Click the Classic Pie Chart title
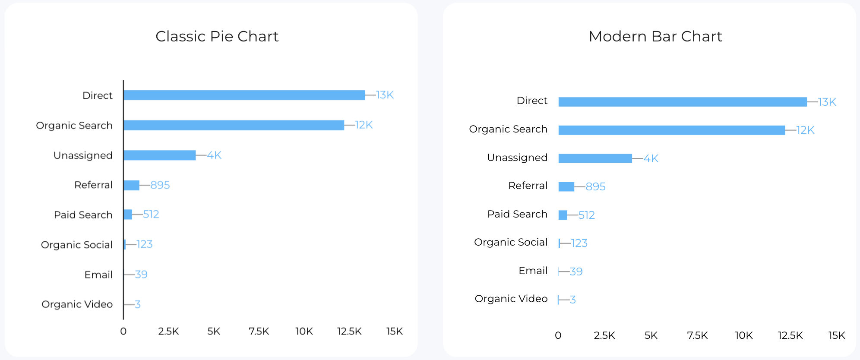pyautogui.click(x=217, y=36)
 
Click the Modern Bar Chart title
pyautogui.click(x=655, y=36)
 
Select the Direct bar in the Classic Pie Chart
pyautogui.click(x=244, y=95)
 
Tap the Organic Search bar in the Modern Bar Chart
pyautogui.click(x=671, y=130)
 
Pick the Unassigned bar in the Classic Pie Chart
pyautogui.click(x=159, y=155)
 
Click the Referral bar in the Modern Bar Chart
pyautogui.click(x=566, y=186)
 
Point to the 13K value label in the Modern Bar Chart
pyautogui.click(x=827, y=102)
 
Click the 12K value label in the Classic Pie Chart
pyautogui.click(x=364, y=125)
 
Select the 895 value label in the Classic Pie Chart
pyautogui.click(x=160, y=185)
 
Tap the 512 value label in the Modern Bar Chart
pyautogui.click(x=586, y=215)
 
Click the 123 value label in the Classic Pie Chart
pyautogui.click(x=144, y=244)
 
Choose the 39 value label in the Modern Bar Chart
pyautogui.click(x=576, y=272)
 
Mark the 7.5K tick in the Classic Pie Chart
pyautogui.click(x=259, y=331)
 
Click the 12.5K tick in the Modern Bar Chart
pyautogui.click(x=790, y=335)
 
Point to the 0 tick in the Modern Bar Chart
pyautogui.click(x=558, y=335)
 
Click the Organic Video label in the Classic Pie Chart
pyautogui.click(x=77, y=304)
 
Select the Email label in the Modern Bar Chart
pyautogui.click(x=533, y=271)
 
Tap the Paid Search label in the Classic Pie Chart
pyautogui.click(x=83, y=215)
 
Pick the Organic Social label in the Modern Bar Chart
pyautogui.click(x=510, y=242)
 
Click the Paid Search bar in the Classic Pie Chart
pyautogui.click(x=128, y=215)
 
